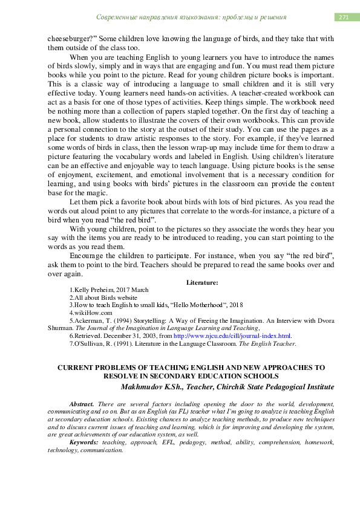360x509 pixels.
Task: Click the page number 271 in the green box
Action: (344, 18)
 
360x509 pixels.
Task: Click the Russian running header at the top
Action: (191, 18)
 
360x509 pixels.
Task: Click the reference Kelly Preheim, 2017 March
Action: (109, 290)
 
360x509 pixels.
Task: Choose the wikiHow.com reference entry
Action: (91, 313)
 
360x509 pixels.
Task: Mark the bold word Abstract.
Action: (82, 403)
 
